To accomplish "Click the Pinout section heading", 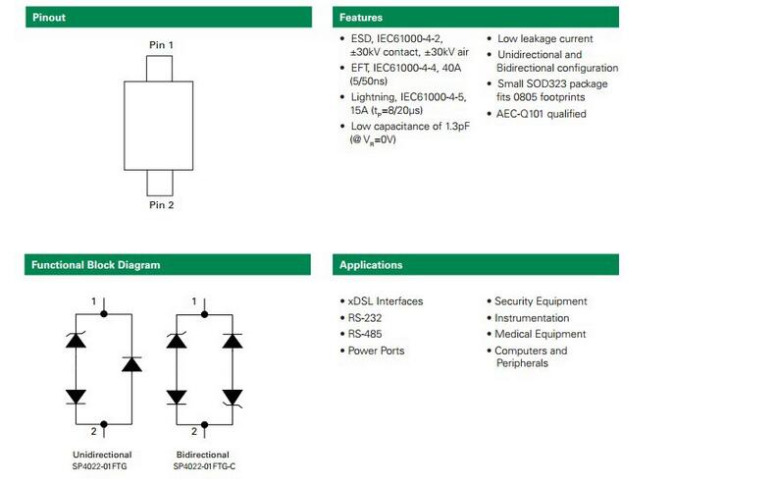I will tap(49, 18).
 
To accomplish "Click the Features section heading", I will tap(361, 18).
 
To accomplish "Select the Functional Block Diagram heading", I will tap(95, 264).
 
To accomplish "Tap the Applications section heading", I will tap(371, 264).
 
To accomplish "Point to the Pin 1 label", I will tap(161, 45).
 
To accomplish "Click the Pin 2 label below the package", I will tap(161, 205).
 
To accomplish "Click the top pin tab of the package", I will tap(161, 68).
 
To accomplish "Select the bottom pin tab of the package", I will tap(161, 183).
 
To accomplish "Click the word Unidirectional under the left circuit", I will tap(102, 455).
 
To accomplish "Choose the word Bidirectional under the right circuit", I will tap(203, 455).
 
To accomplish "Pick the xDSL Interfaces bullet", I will tap(386, 301).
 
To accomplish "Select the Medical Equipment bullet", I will tap(540, 334).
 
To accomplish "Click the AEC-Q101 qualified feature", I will tap(542, 114).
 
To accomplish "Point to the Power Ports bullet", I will tap(376, 351).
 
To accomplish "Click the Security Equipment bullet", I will tap(541, 301).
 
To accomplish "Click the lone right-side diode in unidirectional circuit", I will tap(132, 364).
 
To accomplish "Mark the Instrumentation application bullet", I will tap(532, 318).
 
